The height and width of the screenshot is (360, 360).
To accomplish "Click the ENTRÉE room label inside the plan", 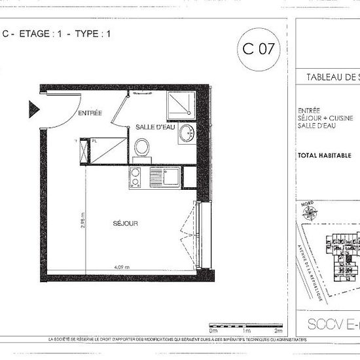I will (x=90, y=113).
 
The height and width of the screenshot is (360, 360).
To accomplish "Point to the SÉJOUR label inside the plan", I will (x=124, y=223).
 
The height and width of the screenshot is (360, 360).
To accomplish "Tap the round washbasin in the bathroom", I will (x=187, y=132).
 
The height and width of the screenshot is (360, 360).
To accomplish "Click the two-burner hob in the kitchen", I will (x=136, y=177).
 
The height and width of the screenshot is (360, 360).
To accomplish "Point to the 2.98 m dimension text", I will (x=83, y=225).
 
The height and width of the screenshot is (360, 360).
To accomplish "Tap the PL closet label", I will (x=94, y=140).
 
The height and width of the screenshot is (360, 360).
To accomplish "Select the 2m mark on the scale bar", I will (x=279, y=331).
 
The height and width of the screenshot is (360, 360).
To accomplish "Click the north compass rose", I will (x=310, y=213).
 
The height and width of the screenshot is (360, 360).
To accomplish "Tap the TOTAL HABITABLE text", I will (x=324, y=156).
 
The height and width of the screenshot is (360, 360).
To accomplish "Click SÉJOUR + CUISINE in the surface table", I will (x=321, y=118).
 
